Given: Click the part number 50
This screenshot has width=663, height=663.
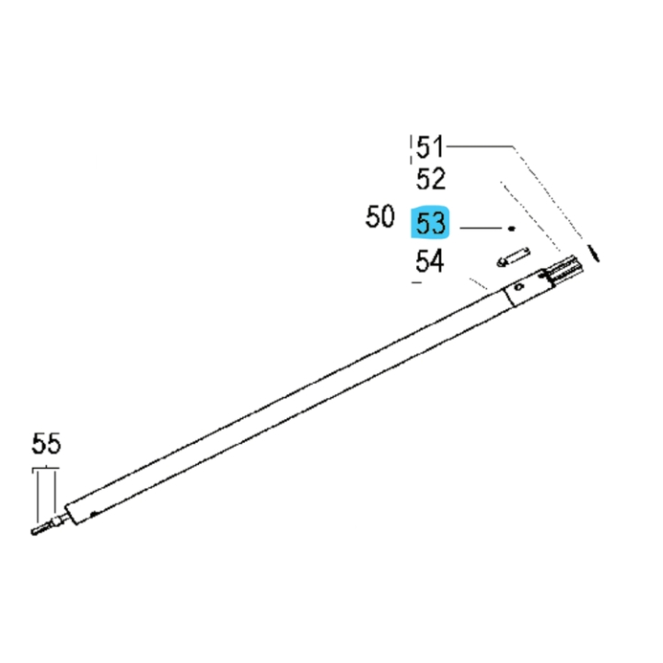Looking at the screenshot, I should click(379, 218).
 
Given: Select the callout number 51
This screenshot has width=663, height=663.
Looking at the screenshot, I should click(430, 146).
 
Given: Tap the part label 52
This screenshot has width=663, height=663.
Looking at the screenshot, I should click(430, 180).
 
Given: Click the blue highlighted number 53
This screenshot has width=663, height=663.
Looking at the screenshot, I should click(430, 223).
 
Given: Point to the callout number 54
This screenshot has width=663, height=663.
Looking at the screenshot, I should click(430, 262).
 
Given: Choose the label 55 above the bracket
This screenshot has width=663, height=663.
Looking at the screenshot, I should click(46, 445).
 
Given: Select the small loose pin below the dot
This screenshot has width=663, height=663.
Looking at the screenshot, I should click(511, 255).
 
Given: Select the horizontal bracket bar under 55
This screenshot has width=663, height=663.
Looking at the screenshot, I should click(46, 469).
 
